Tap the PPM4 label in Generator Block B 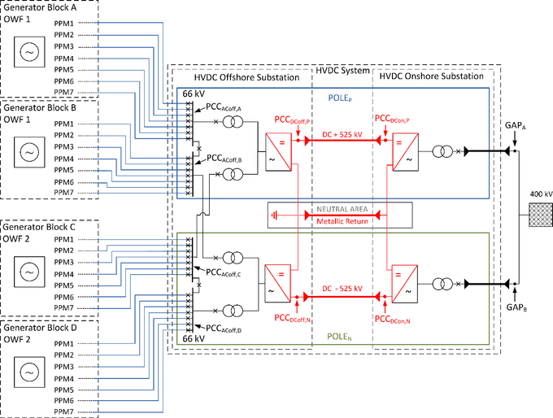tap(63, 158)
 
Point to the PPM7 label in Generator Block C tap(63, 309)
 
